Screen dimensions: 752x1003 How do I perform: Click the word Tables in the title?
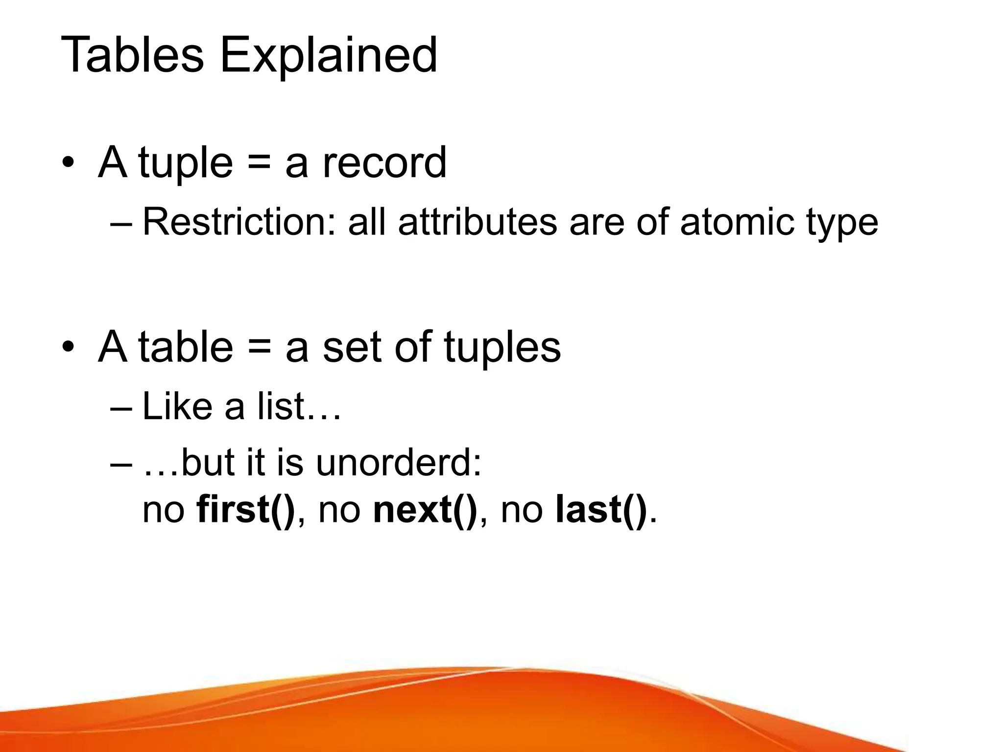[x=132, y=55]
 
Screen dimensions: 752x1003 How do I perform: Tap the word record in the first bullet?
[x=384, y=163]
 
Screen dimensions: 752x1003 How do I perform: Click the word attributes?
[x=478, y=222]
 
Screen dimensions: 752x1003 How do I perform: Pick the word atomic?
[x=738, y=222]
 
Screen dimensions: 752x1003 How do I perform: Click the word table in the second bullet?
[x=186, y=347]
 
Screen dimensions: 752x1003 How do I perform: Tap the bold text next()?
[x=425, y=510]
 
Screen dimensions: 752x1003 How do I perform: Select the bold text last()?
[x=601, y=510]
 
